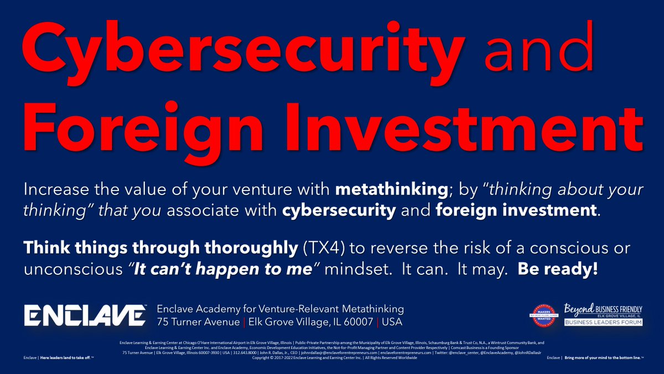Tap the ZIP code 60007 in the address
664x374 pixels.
(354, 322)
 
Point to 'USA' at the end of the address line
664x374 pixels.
(391, 322)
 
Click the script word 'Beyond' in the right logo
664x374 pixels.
(579, 307)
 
